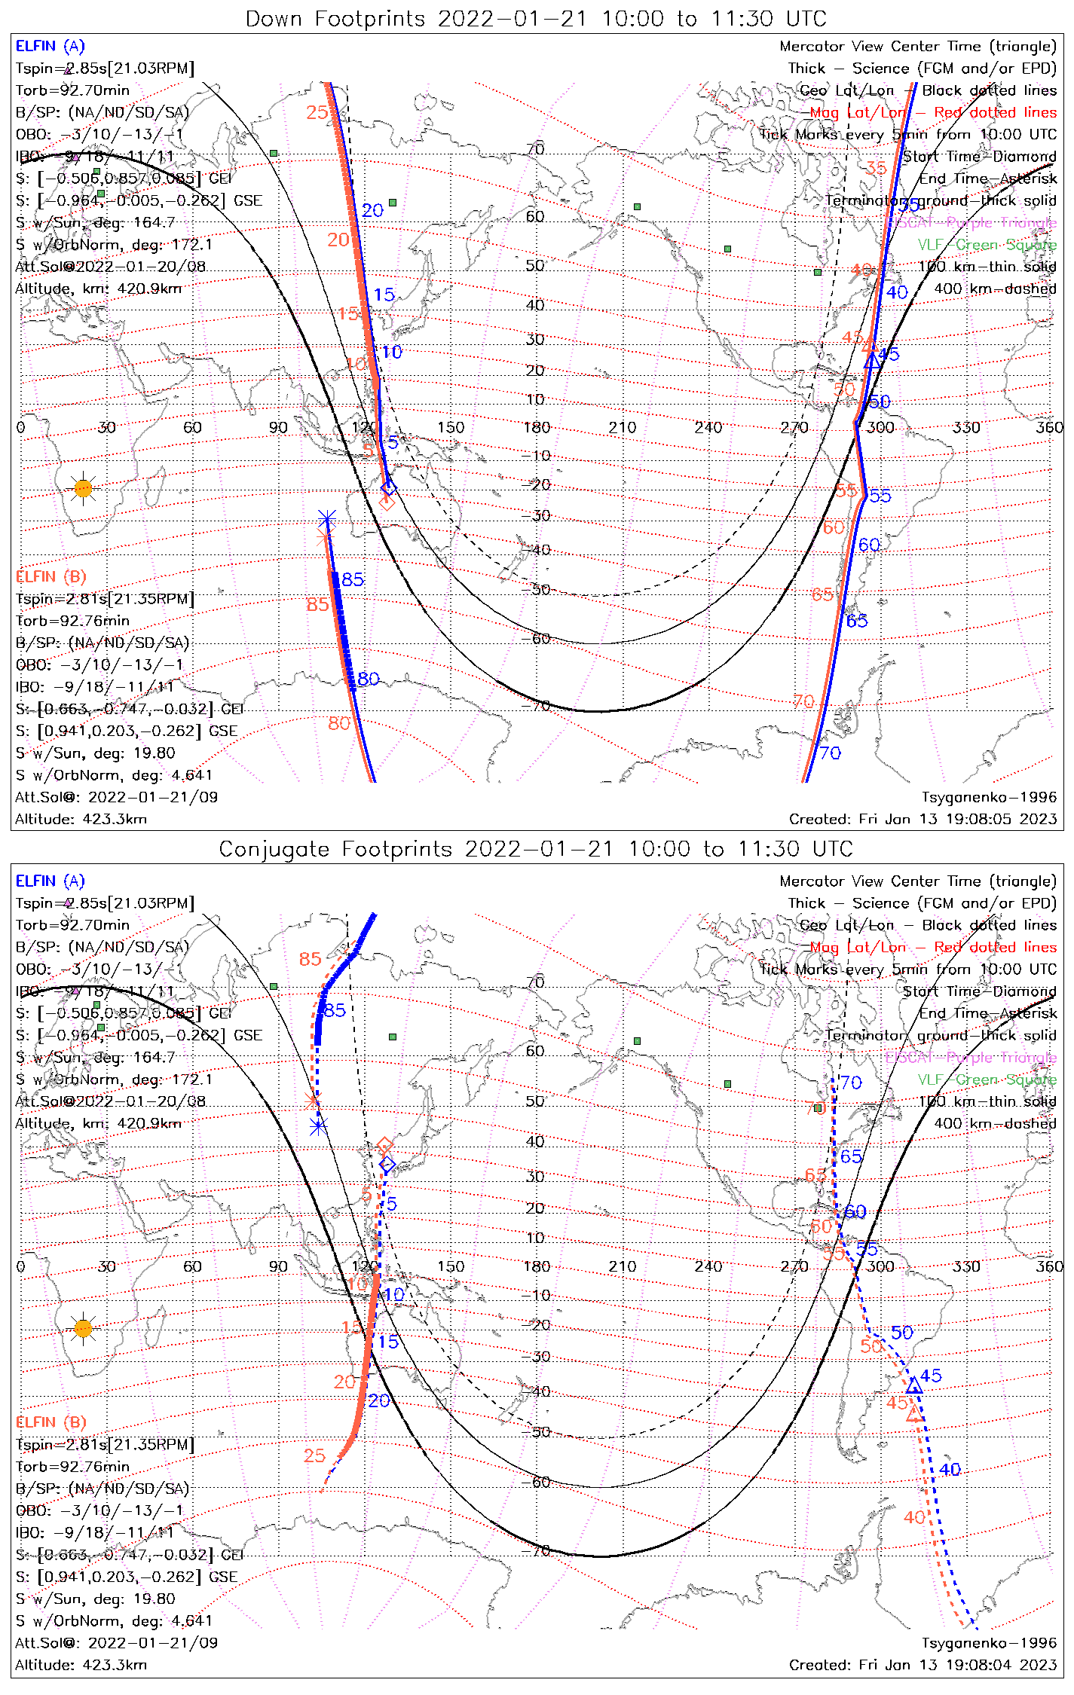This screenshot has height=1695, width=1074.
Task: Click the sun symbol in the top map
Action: [83, 489]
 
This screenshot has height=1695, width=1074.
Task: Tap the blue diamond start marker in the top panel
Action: [388, 488]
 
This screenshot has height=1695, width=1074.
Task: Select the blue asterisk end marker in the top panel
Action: [326, 518]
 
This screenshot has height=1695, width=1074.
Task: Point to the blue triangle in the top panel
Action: [871, 360]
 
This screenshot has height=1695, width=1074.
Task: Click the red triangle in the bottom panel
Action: [914, 1414]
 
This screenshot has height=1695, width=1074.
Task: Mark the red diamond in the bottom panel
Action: [384, 1146]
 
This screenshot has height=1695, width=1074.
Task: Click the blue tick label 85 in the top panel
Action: [353, 579]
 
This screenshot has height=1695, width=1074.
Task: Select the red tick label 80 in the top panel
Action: [339, 723]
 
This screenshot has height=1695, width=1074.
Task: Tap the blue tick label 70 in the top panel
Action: [830, 753]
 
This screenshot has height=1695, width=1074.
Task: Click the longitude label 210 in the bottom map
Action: [623, 1266]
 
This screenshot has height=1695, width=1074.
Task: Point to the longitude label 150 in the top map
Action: [451, 427]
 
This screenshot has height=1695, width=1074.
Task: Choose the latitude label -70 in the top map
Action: [535, 706]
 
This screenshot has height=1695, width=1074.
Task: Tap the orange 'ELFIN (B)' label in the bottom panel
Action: [51, 1422]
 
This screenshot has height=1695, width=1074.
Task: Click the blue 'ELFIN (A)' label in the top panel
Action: [50, 46]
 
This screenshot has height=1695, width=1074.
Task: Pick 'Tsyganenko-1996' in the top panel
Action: [989, 797]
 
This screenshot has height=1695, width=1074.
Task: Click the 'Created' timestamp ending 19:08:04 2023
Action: [923, 1664]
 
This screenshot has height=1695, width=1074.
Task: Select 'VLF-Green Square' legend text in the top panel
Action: [987, 245]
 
